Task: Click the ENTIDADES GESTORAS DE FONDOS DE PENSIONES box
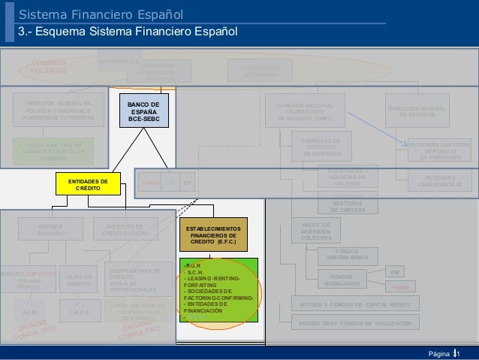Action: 440,150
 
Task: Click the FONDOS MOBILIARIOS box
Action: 342,280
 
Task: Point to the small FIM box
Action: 396,271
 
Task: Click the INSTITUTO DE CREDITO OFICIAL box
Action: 126,230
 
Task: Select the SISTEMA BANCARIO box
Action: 51,230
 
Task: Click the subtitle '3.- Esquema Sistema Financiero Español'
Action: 128,32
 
